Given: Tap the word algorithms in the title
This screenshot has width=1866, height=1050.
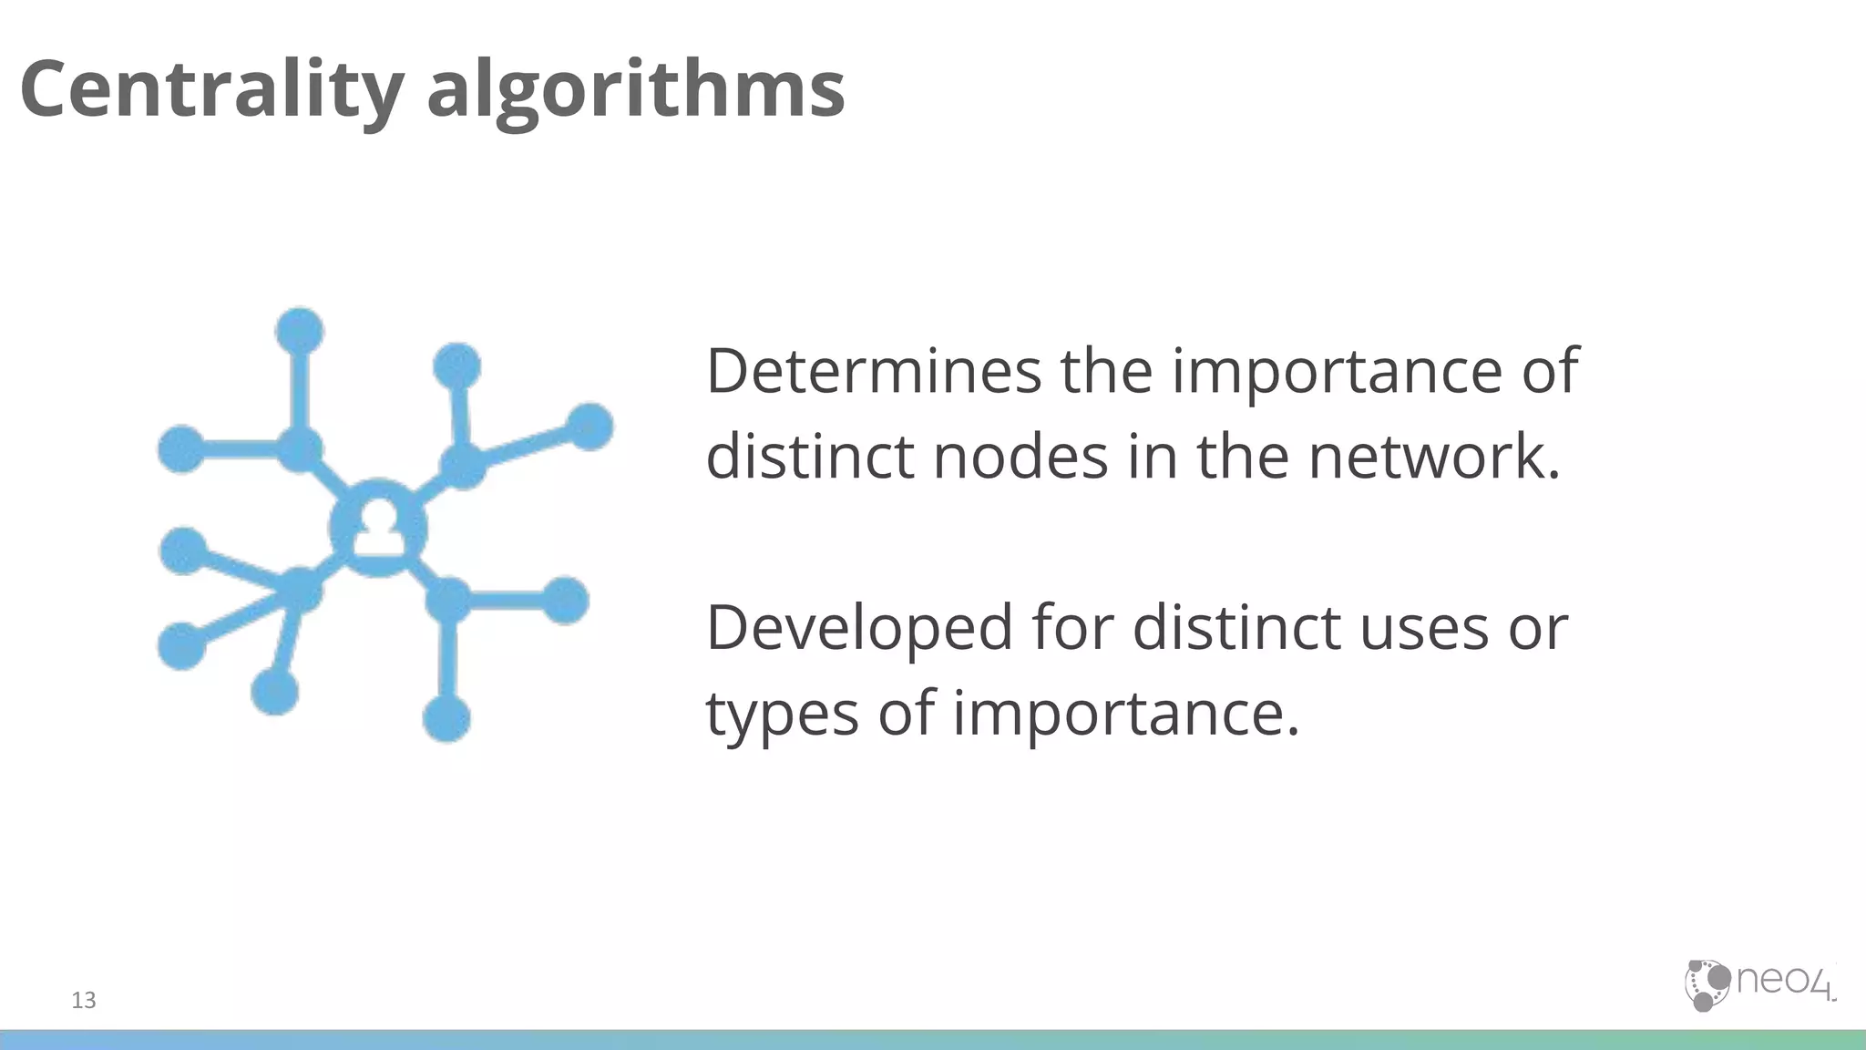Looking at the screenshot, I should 635,91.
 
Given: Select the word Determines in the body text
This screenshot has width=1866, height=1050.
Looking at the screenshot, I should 873,371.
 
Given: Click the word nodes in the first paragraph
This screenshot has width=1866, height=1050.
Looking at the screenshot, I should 1020,456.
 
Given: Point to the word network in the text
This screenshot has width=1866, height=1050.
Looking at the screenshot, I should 1433,456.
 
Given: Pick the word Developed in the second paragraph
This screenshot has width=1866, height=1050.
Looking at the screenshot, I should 859,629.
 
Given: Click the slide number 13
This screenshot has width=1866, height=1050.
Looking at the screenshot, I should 84,1001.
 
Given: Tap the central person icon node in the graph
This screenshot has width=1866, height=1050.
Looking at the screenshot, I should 378,529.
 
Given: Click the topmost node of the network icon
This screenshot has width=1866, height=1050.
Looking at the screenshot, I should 300,330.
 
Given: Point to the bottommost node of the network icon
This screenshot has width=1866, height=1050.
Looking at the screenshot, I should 446,718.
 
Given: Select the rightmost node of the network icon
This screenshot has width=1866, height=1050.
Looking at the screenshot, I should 590,427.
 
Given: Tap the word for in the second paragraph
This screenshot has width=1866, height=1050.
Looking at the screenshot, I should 1071,629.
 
